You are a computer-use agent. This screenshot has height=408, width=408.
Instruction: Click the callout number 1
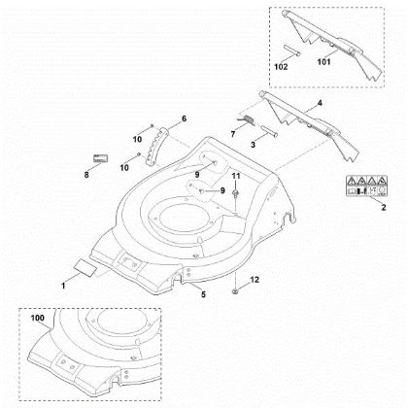coord(65,286)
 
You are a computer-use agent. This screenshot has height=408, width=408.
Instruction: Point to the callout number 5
coord(203,292)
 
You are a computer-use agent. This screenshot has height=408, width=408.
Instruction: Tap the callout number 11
coord(235,175)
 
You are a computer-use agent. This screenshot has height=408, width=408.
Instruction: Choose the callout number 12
coord(255,280)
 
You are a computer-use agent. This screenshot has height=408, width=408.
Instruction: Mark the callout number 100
coord(38,318)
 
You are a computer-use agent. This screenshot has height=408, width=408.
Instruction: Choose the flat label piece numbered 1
coord(84,263)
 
